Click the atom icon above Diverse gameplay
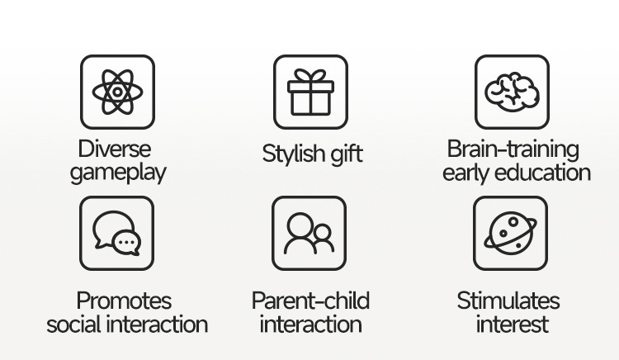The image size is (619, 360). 117,92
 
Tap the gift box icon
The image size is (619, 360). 310,92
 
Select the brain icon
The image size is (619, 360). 512,91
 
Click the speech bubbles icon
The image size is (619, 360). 117,233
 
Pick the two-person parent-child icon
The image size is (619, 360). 309,234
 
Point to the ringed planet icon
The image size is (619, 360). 510,234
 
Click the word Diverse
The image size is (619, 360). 115,149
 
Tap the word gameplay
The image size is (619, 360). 118,173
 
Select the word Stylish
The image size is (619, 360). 294,153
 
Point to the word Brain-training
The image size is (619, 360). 513,150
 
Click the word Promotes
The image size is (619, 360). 124,301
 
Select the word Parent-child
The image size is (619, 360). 310,301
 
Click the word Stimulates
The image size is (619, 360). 508,301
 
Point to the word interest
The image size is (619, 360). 512,324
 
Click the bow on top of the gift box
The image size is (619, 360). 310,75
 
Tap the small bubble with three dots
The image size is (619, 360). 126,243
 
